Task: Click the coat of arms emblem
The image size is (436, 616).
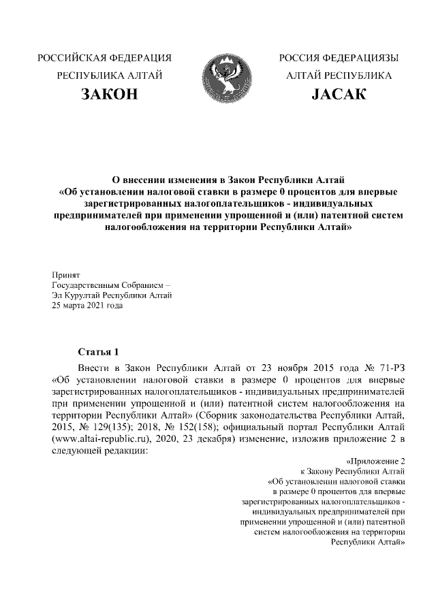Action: pos(223,78)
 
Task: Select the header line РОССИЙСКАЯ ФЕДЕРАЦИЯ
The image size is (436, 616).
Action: pos(108,57)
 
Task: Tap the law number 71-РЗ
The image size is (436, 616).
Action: pos(391,366)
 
